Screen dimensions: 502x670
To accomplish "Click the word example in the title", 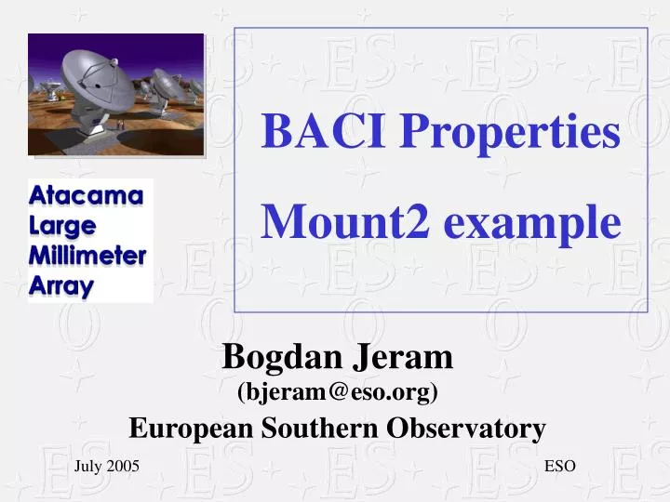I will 530,224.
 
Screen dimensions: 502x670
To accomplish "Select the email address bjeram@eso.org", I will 338,392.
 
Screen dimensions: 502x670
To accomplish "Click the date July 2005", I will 107,467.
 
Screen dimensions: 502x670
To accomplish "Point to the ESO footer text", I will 560,467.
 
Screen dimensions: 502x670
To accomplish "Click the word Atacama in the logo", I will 87,196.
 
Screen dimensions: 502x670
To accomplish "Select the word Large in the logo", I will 62,226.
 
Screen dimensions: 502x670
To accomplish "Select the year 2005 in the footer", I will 123,467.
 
